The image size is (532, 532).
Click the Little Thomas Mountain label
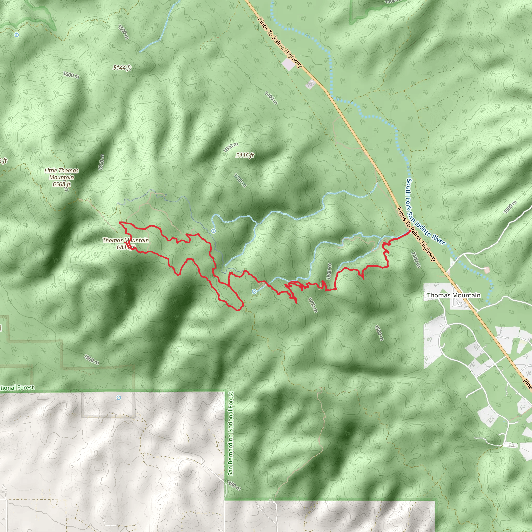click(x=62, y=177)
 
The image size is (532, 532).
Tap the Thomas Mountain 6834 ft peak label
click(x=125, y=243)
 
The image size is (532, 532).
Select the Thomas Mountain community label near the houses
click(x=454, y=295)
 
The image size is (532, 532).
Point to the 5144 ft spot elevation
click(x=122, y=68)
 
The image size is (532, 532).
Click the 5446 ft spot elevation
click(x=245, y=156)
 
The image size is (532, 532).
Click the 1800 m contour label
click(x=102, y=162)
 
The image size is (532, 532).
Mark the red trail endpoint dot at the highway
click(x=409, y=231)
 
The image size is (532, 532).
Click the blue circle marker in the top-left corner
click(x=17, y=35)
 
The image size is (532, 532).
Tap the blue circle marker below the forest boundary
click(x=119, y=398)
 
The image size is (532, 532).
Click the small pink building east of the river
click(x=487, y=270)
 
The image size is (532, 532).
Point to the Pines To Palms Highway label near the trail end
click(x=416, y=234)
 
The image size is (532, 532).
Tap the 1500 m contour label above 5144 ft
click(x=123, y=32)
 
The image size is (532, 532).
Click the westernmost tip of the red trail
click(x=119, y=222)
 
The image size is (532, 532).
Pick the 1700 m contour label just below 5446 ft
click(x=240, y=180)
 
